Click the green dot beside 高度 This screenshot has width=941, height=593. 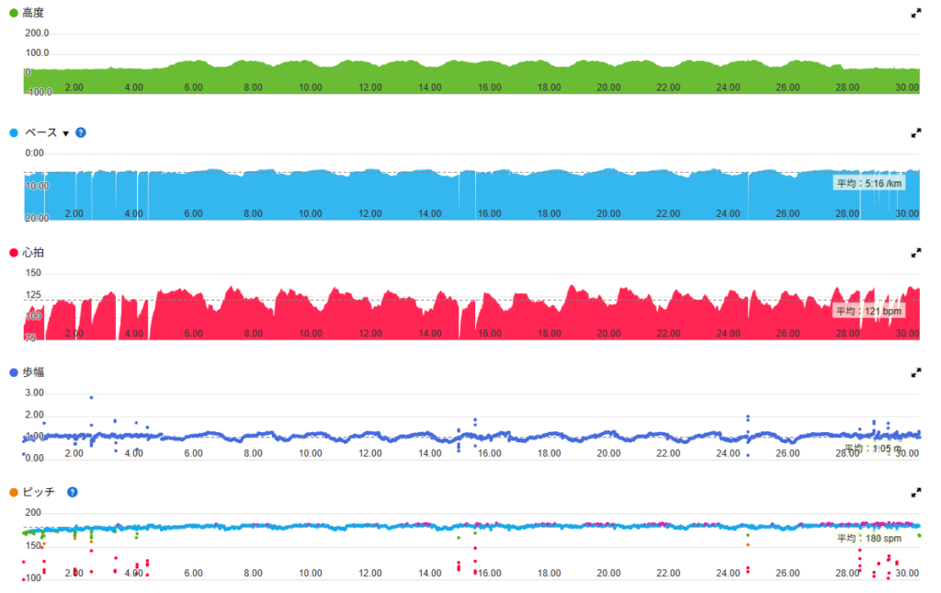(x=13, y=13)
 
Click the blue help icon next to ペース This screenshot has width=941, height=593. (x=81, y=133)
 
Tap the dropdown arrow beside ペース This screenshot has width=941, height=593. (x=66, y=133)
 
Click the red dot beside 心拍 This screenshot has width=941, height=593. (x=13, y=253)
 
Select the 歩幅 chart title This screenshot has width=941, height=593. (x=34, y=372)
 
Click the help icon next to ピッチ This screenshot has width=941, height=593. (x=73, y=492)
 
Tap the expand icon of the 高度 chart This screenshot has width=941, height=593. (x=915, y=13)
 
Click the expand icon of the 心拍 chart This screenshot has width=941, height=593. (x=915, y=253)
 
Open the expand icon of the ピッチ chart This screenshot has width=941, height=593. (x=915, y=492)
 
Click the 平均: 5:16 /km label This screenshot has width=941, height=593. (x=868, y=183)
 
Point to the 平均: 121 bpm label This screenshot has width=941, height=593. (x=868, y=311)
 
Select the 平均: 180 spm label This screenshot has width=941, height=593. (x=868, y=539)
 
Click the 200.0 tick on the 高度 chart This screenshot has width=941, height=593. (x=38, y=33)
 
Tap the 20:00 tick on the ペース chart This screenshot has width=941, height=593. (x=37, y=218)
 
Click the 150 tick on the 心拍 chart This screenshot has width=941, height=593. (x=33, y=273)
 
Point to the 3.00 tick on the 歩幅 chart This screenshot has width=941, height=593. (x=34, y=393)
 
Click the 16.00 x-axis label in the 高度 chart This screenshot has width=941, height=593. (x=490, y=87)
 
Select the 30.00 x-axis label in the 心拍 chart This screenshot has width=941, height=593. (x=907, y=333)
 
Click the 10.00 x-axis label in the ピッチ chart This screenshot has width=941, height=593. (x=311, y=573)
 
